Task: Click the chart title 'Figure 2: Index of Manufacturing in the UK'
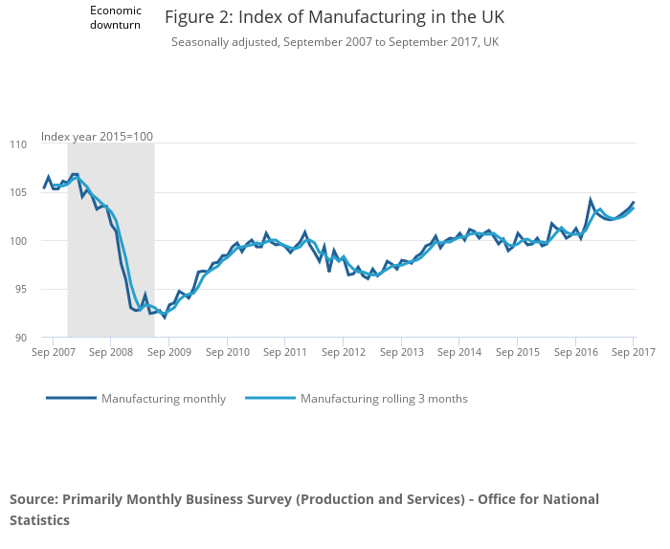click(334, 17)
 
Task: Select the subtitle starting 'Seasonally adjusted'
click(334, 42)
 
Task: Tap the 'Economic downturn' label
click(115, 17)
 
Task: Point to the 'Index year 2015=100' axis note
click(97, 137)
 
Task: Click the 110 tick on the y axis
click(19, 144)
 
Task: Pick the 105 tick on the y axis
click(19, 193)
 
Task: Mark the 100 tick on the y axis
click(19, 241)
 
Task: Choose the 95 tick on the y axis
click(21, 290)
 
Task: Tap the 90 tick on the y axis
click(21, 338)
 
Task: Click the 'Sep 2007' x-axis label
click(53, 353)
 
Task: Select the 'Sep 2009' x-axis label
click(168, 353)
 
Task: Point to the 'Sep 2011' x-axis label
click(284, 353)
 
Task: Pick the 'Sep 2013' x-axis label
click(400, 353)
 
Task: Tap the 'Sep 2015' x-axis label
click(516, 353)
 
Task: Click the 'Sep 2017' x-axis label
click(633, 353)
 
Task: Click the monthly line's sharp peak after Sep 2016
click(591, 200)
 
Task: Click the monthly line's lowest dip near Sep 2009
click(164, 317)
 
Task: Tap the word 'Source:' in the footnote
click(33, 499)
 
